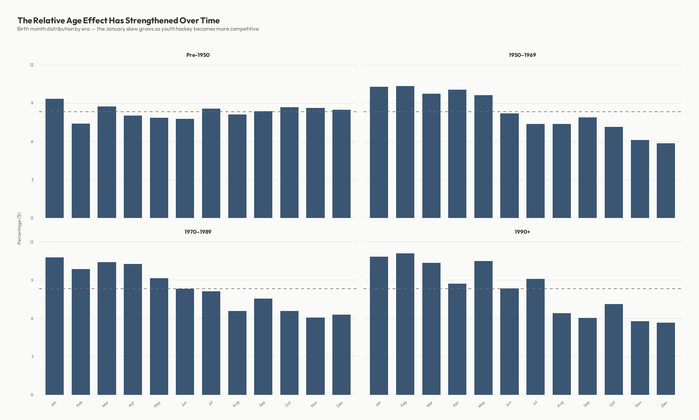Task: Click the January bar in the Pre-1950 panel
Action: pyautogui.click(x=55, y=159)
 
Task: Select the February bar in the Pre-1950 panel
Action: pyautogui.click(x=81, y=171)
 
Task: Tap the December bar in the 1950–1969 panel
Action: pyautogui.click(x=666, y=181)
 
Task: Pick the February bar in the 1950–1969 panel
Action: pyautogui.click(x=405, y=152)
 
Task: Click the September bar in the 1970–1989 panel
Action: pyautogui.click(x=263, y=347)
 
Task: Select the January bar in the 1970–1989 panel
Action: pyautogui.click(x=55, y=326)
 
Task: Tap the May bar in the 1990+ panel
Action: pyautogui.click(x=483, y=328)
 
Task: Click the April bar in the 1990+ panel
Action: pyautogui.click(x=457, y=339)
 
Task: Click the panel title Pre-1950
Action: pyautogui.click(x=198, y=55)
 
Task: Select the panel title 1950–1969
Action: pyautogui.click(x=522, y=55)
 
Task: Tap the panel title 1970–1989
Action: pyautogui.click(x=198, y=232)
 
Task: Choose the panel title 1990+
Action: pyautogui.click(x=522, y=232)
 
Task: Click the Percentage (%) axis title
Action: pyautogui.click(x=19, y=228)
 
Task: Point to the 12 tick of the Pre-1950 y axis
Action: pyautogui.click(x=32, y=65)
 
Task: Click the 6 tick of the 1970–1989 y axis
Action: pyautogui.click(x=32, y=318)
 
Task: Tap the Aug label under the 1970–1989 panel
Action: pyautogui.click(x=236, y=404)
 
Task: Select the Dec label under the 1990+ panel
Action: pyautogui.click(x=664, y=404)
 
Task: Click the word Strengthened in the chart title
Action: pyautogui.click(x=151, y=20)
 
